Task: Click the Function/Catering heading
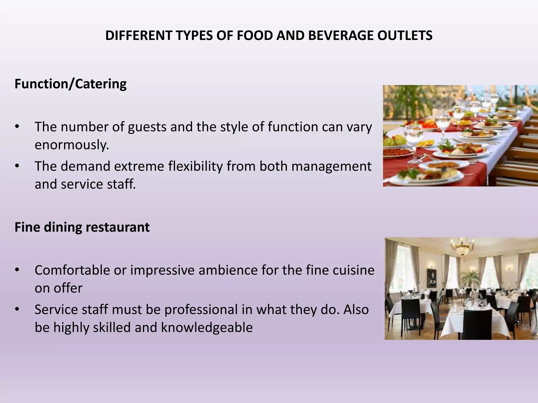[70, 84]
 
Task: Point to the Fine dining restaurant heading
[82, 227]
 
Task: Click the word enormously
[72, 145]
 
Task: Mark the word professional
[201, 310]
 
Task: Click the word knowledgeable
[207, 327]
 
